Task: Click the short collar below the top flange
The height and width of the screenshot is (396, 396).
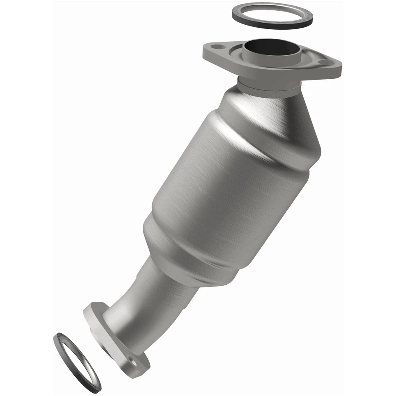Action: coord(268,87)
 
